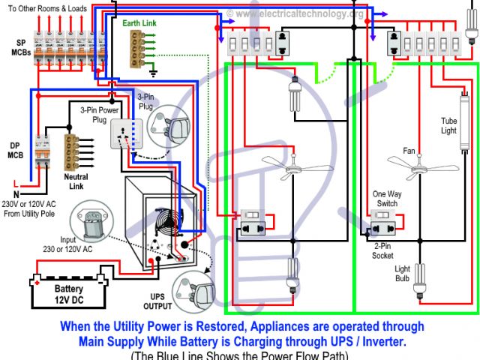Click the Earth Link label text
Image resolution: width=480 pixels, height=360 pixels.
[139, 23]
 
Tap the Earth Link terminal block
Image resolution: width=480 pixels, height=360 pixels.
[138, 49]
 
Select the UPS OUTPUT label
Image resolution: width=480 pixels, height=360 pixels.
[157, 302]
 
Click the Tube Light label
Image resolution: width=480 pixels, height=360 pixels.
[448, 125]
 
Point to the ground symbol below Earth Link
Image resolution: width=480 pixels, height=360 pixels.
[154, 73]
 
